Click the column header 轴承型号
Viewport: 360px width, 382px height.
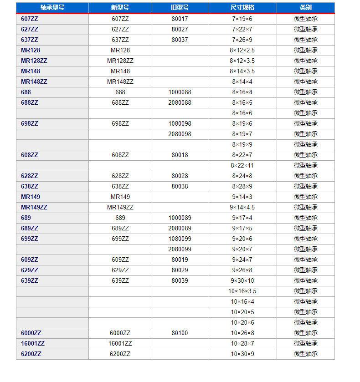click(x=52, y=8)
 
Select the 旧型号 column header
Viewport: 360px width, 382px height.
click(x=180, y=8)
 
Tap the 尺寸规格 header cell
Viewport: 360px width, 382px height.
click(x=242, y=8)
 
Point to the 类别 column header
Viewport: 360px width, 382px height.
click(x=305, y=8)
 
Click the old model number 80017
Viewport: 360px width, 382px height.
click(x=180, y=19)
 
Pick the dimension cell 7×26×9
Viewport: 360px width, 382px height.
click(x=242, y=40)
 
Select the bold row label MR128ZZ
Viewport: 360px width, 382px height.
click(x=34, y=61)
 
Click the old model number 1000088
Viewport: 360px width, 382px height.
click(x=180, y=92)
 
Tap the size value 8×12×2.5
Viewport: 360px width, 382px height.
click(x=242, y=51)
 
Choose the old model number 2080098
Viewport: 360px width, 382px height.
click(x=180, y=134)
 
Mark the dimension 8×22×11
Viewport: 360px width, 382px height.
click(x=242, y=166)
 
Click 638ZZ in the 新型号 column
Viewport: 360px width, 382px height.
click(x=120, y=187)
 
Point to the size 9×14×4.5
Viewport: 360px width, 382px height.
click(x=242, y=208)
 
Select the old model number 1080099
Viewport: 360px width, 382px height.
click(x=180, y=239)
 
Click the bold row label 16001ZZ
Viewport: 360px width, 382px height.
click(x=33, y=344)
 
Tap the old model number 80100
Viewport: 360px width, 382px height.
click(x=180, y=333)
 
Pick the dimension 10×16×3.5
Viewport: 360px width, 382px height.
click(x=242, y=291)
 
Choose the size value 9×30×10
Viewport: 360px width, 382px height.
click(x=242, y=281)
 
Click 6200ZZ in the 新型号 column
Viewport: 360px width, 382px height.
click(x=120, y=354)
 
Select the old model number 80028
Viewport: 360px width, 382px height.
click(x=180, y=176)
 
